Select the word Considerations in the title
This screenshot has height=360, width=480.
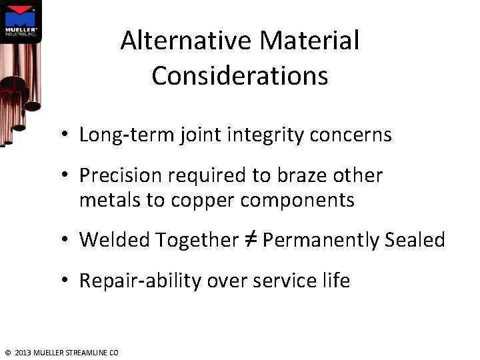point(240,76)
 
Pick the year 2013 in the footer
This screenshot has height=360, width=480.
point(22,352)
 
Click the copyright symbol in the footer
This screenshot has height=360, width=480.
point(7,352)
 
